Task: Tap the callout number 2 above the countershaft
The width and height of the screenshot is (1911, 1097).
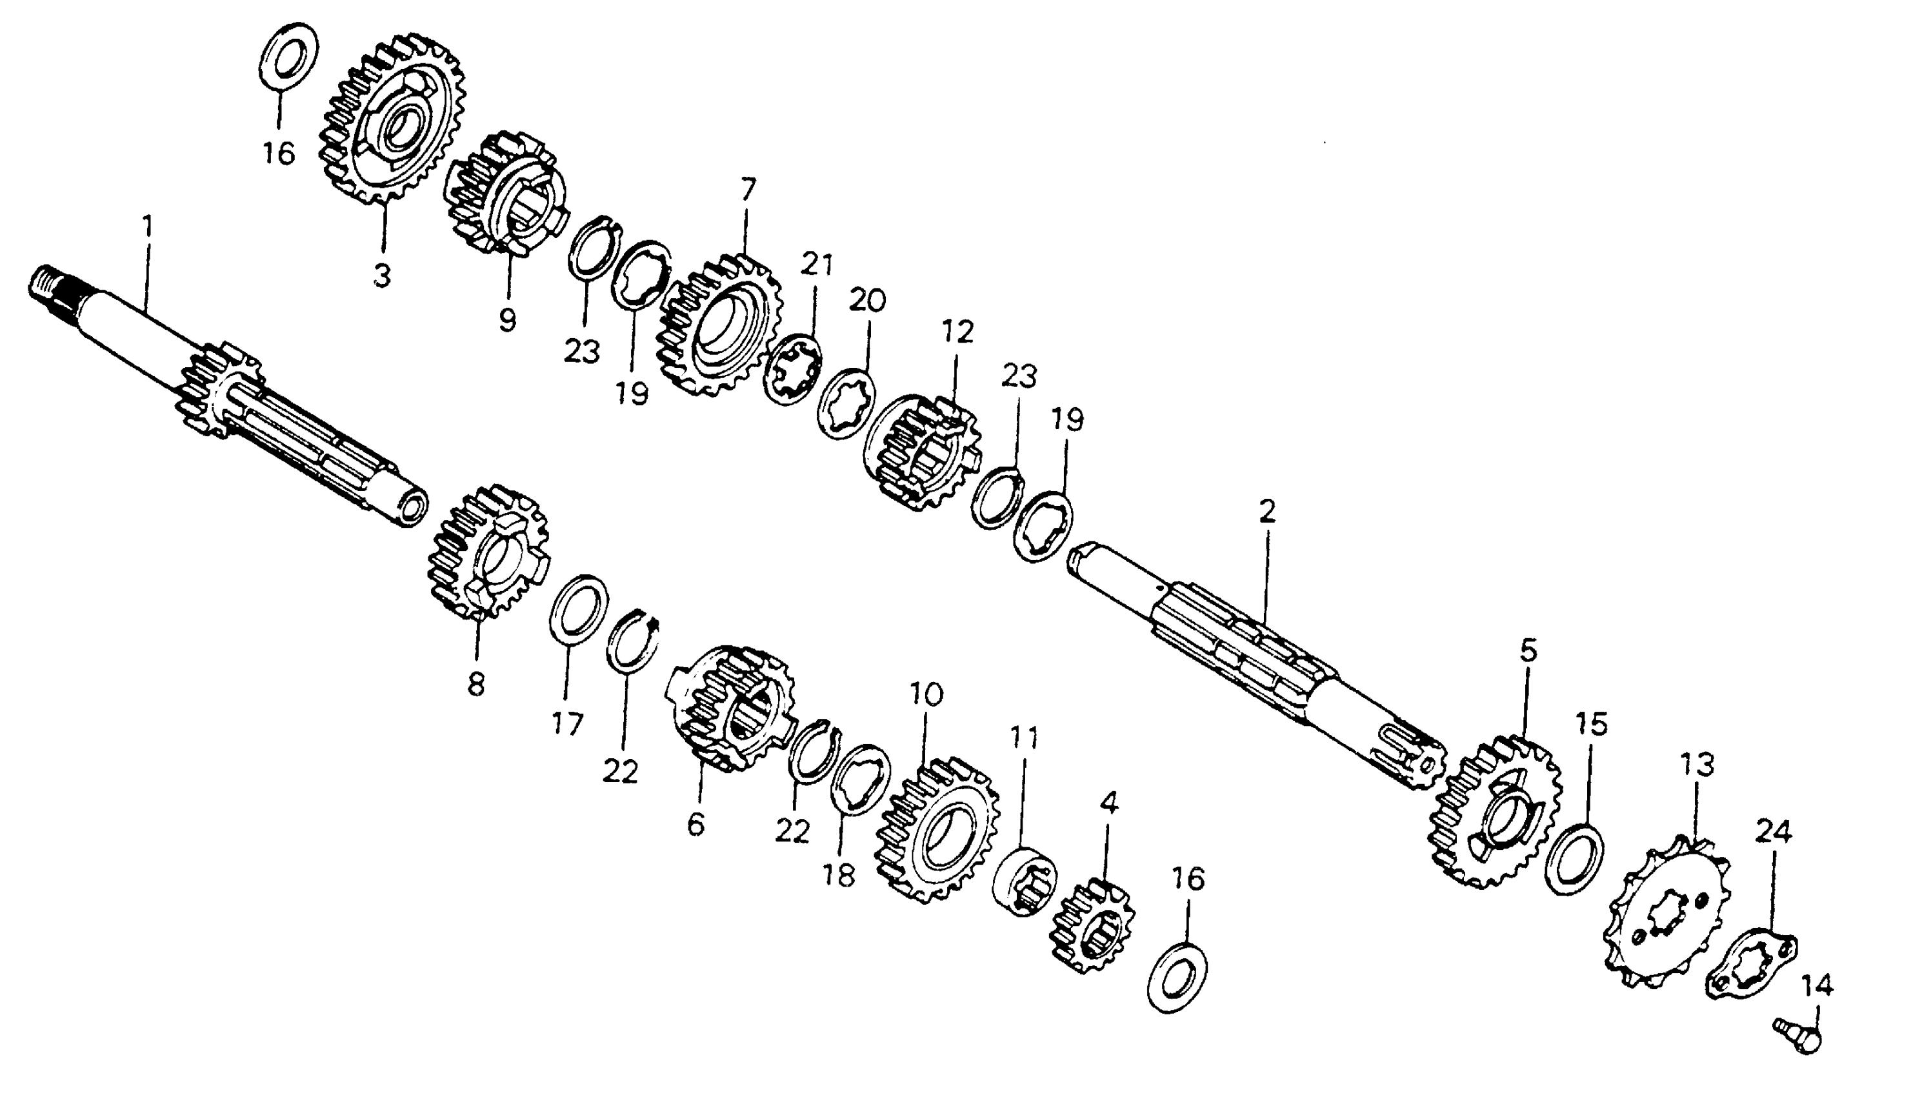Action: pos(1267,512)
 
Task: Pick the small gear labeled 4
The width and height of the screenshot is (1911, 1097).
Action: pos(1092,927)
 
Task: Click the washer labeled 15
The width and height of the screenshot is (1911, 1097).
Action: pos(1574,860)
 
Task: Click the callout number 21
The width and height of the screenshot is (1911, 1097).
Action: pos(817,265)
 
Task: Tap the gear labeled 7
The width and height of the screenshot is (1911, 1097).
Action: pos(719,328)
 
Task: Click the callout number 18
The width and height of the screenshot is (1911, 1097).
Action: pos(839,875)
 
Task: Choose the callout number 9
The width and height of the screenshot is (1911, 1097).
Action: pos(507,320)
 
